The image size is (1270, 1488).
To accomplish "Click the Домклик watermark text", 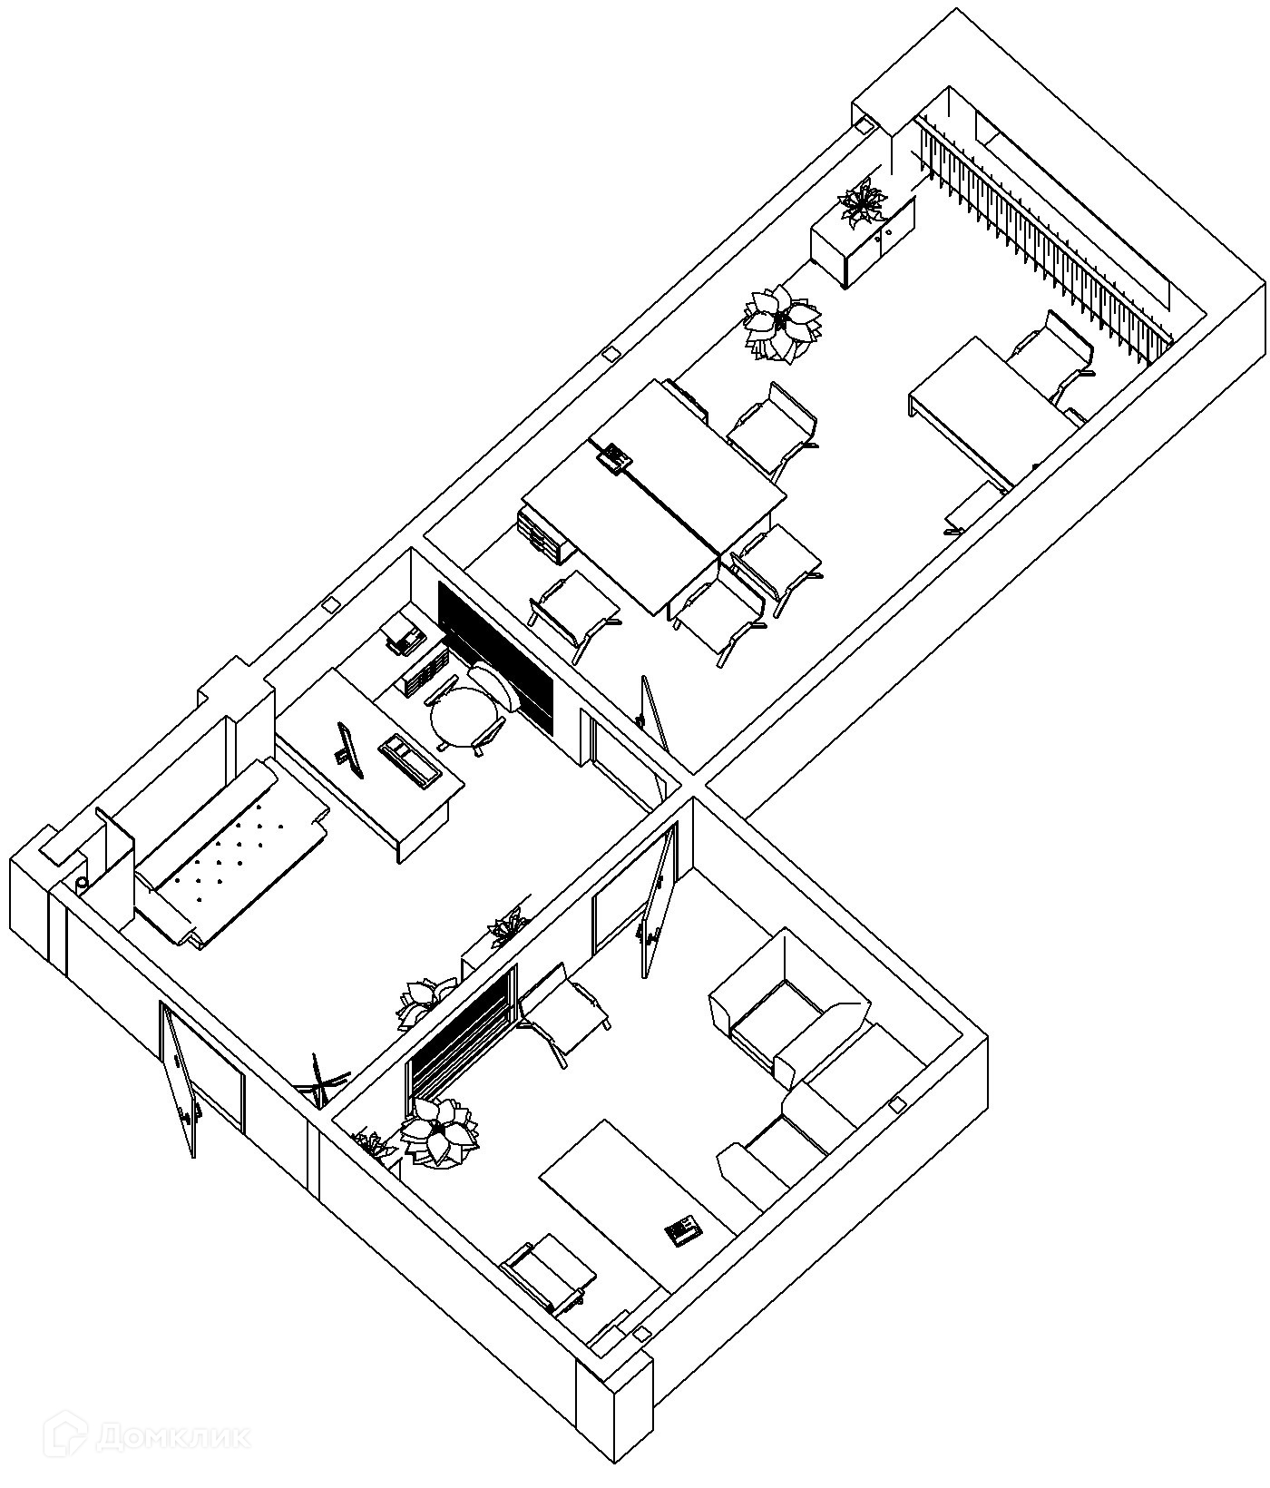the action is [x=150, y=1434].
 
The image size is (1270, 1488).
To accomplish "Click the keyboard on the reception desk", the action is [x=410, y=760].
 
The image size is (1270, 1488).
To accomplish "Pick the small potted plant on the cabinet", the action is [x=862, y=203].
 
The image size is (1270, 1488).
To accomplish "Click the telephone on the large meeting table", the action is [x=616, y=455].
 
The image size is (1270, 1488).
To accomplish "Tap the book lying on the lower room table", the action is [x=682, y=1230].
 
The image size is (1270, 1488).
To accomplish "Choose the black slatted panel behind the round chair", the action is [x=494, y=656].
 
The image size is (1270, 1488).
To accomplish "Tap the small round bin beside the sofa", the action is [x=82, y=883].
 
